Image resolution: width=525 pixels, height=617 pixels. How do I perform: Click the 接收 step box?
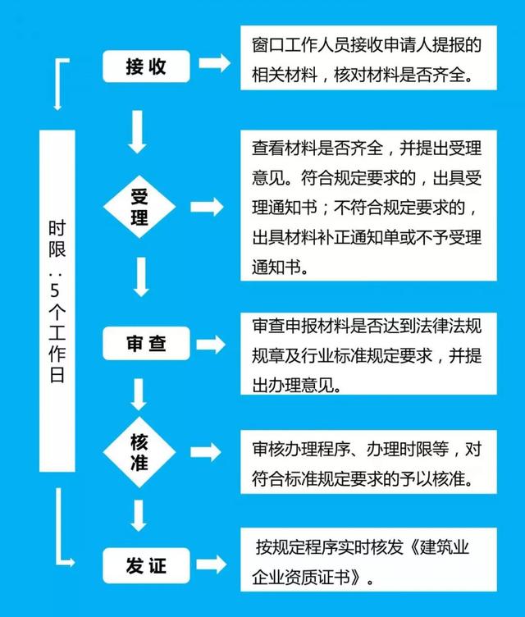pyautogui.click(x=146, y=66)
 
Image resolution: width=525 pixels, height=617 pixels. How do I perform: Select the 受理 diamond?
pyautogui.click(x=139, y=207)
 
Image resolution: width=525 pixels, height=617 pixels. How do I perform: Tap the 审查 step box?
pyautogui.click(x=146, y=343)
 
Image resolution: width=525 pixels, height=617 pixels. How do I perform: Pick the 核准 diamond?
pyautogui.click(x=139, y=452)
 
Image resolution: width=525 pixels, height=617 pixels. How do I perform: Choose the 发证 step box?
pyautogui.click(x=146, y=565)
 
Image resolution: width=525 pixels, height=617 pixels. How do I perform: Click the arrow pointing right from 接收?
pyautogui.click(x=214, y=63)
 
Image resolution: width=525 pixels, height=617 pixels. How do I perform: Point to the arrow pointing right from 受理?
pyautogui.click(x=207, y=207)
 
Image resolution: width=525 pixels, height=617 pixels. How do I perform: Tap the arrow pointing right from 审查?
pyautogui.click(x=211, y=345)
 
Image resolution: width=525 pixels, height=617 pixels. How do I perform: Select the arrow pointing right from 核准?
pyautogui.click(x=206, y=452)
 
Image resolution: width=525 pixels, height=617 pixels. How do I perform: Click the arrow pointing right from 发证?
pyautogui.click(x=212, y=564)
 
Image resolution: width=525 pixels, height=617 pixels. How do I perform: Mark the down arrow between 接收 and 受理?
pyautogui.click(x=137, y=132)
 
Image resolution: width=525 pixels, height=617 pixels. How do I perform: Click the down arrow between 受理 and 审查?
pyautogui.click(x=141, y=277)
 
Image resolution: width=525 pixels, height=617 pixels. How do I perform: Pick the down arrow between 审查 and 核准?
pyautogui.click(x=138, y=395)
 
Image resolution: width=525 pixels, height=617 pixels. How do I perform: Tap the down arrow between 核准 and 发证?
pyautogui.click(x=138, y=515)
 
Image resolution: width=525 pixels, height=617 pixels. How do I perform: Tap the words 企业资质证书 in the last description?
pyautogui.click(x=301, y=578)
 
